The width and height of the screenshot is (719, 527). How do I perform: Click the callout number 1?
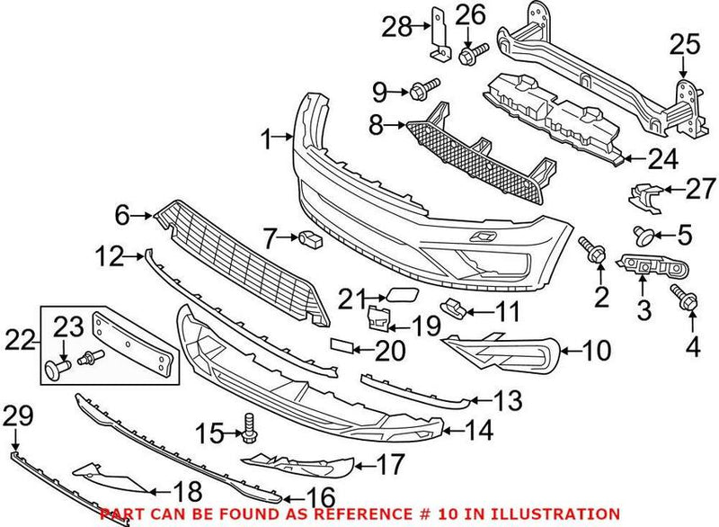click(266, 138)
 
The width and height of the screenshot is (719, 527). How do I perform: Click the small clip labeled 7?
click(310, 238)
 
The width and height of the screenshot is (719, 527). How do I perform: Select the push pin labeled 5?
click(643, 237)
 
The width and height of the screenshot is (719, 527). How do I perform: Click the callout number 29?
click(16, 415)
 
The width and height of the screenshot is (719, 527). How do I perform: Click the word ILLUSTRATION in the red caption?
click(564, 514)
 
